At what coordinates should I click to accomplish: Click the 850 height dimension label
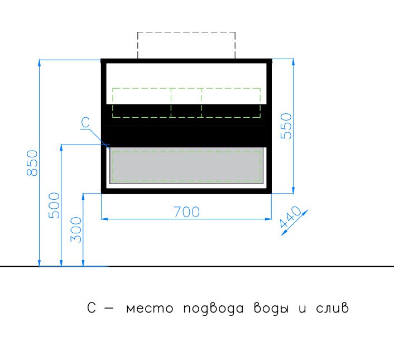click(x=32, y=163)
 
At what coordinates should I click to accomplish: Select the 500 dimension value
click(x=54, y=205)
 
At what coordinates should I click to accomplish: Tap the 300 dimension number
click(x=76, y=230)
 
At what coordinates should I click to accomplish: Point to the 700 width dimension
click(x=187, y=212)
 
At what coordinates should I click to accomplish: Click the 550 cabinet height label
click(x=286, y=126)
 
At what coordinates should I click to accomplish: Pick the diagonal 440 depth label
click(x=290, y=217)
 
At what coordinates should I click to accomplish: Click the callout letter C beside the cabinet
click(x=86, y=123)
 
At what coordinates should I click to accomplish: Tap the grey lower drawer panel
click(x=186, y=166)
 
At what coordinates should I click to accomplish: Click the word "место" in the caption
click(x=150, y=309)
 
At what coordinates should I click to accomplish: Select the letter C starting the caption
click(x=92, y=308)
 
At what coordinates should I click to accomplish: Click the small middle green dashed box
click(x=186, y=103)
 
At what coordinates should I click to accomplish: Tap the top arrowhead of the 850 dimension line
click(x=39, y=63)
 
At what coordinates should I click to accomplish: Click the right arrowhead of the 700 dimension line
click(x=268, y=219)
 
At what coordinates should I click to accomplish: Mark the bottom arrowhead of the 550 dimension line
click(x=293, y=190)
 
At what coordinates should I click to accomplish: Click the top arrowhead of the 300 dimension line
click(x=83, y=196)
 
